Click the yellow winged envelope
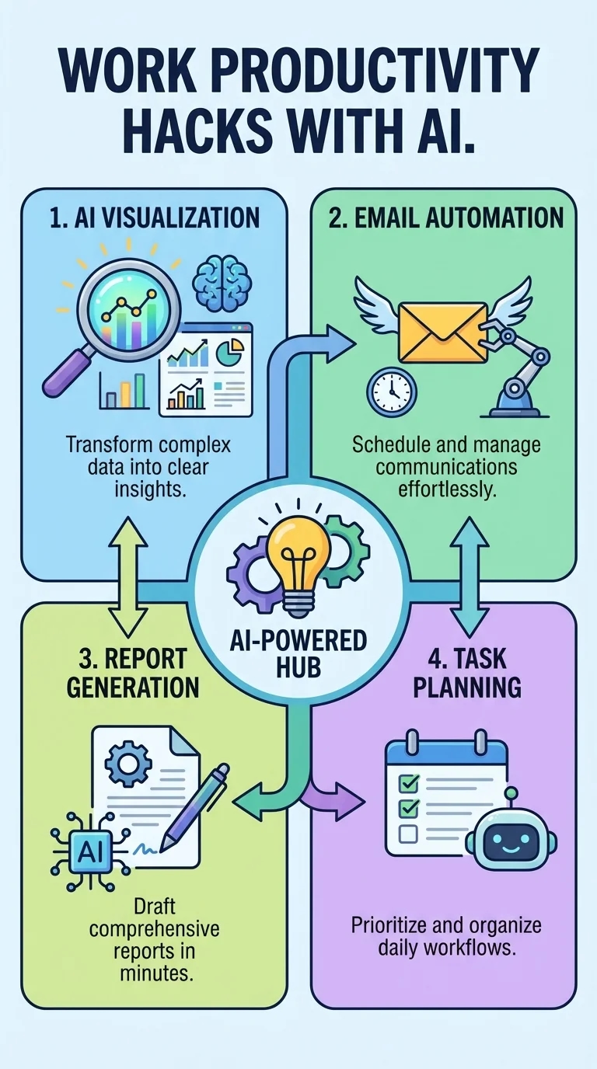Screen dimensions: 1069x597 (442, 333)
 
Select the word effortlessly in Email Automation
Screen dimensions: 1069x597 (446, 489)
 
